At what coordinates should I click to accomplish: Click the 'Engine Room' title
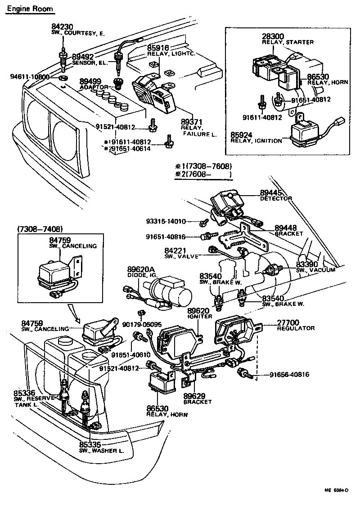29,9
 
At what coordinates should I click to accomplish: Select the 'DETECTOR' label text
276,198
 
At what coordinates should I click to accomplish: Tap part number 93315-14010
166,221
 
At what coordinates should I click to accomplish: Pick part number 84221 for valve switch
174,250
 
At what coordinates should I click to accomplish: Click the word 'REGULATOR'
296,328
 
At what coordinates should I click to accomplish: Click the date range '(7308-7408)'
40,229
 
